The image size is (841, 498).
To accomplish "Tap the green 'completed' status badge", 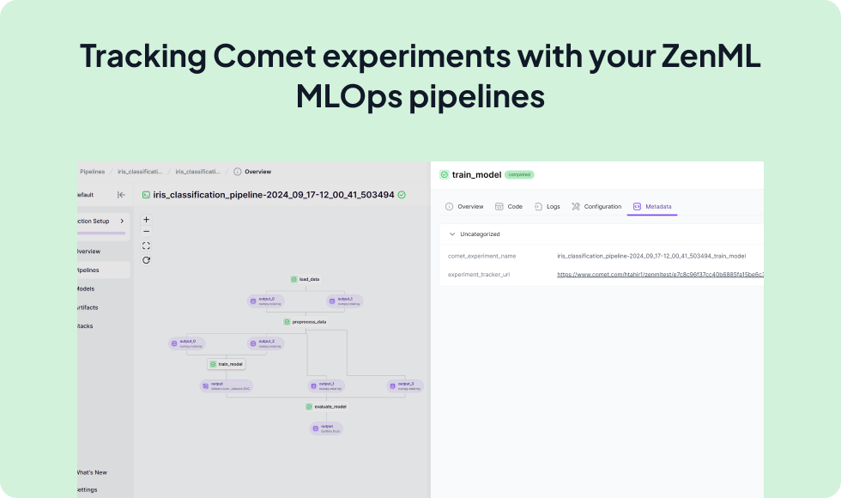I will [x=519, y=174].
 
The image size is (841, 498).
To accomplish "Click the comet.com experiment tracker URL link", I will [x=659, y=275].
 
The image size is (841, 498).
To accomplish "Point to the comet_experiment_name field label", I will [x=481, y=256].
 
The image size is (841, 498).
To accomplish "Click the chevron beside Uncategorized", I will [x=452, y=234].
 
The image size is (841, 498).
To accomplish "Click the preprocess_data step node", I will [x=306, y=322].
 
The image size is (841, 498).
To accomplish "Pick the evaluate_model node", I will [x=326, y=406].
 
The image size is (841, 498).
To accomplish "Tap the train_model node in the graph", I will [x=226, y=364].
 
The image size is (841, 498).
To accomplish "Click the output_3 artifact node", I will [x=405, y=386].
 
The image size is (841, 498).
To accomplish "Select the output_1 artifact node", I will [x=326, y=386].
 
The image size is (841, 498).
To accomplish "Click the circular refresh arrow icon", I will [x=146, y=260].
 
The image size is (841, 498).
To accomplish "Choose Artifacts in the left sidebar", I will [x=87, y=307].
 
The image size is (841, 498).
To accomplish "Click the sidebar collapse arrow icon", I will [x=121, y=195].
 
